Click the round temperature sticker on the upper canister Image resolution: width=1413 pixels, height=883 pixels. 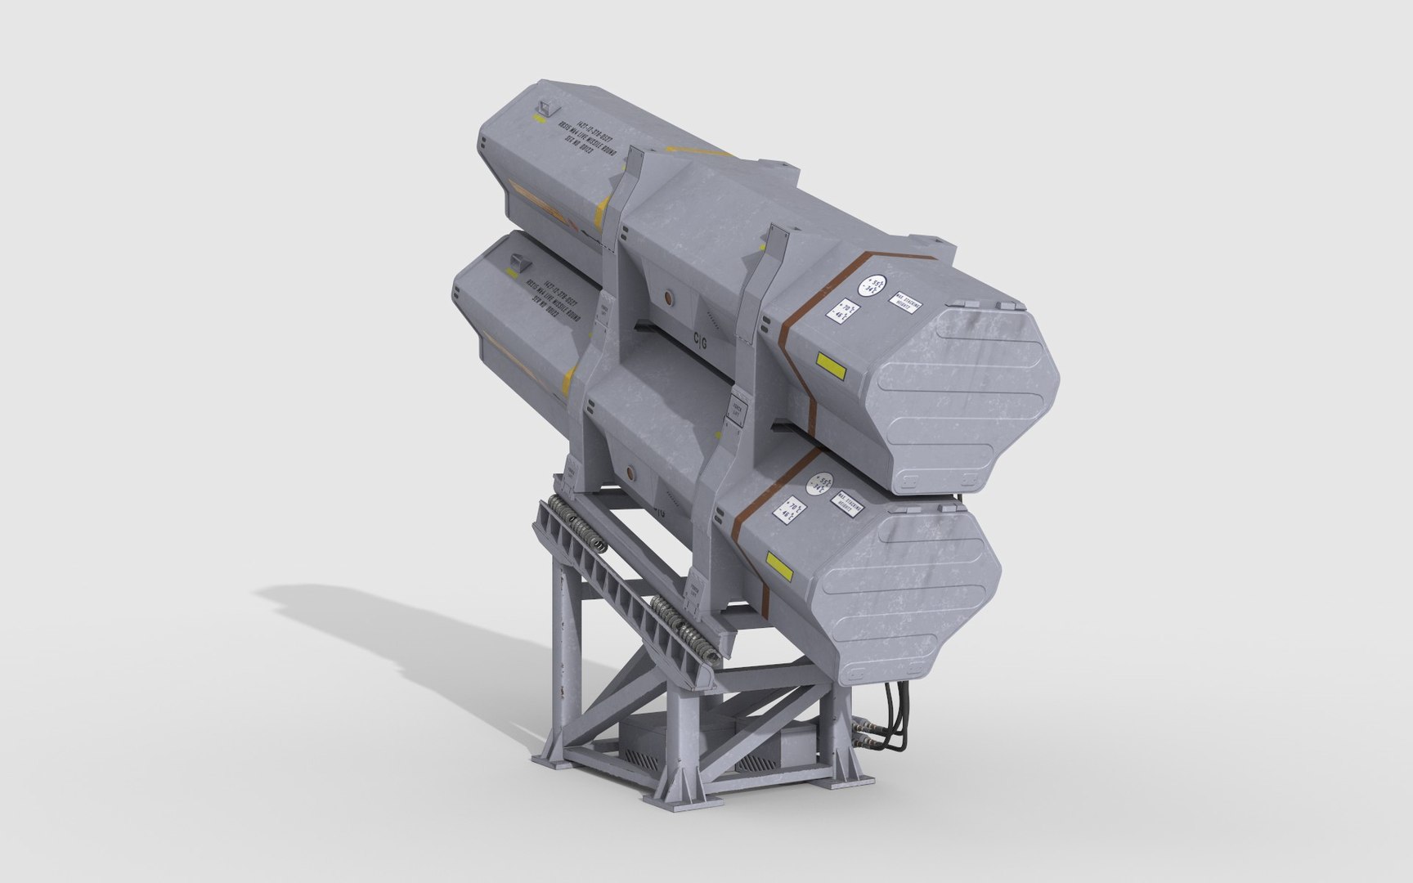pyautogui.click(x=872, y=285)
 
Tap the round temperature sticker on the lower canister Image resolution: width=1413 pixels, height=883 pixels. pyautogui.click(x=820, y=484)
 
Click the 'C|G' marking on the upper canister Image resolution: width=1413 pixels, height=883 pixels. pyautogui.click(x=702, y=337)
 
